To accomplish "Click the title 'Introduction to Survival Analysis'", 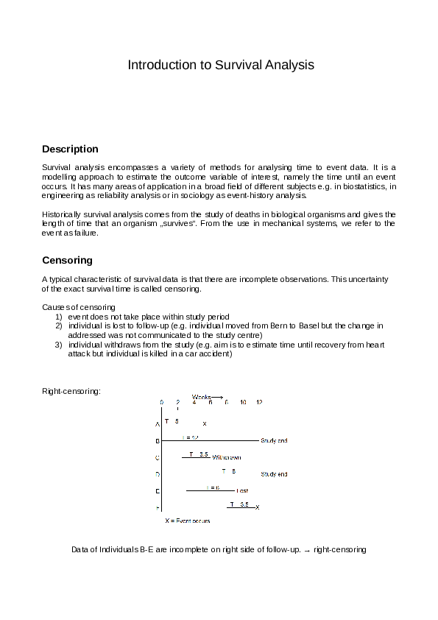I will click(221, 65).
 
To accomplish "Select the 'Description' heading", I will click(70, 149).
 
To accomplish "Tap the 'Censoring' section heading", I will click(67, 261).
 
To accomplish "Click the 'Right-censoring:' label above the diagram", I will click(71, 390).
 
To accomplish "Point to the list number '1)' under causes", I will click(59, 317).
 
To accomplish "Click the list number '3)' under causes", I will click(59, 345).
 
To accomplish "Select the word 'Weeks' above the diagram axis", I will click(201, 397).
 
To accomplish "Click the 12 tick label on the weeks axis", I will click(259, 403).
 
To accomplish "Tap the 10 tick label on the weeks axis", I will click(243, 403).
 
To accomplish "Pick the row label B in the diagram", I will click(157, 441).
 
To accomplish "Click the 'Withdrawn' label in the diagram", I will click(227, 457).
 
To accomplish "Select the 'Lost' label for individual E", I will click(242, 490).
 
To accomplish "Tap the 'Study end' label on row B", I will click(274, 441).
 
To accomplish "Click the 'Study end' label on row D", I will click(274, 474).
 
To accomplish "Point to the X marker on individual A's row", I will click(205, 424).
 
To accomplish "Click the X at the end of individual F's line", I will click(257, 507).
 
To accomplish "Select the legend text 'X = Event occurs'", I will click(188, 521).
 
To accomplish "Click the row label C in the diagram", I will click(157, 458).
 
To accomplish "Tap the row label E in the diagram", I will click(157, 491).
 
